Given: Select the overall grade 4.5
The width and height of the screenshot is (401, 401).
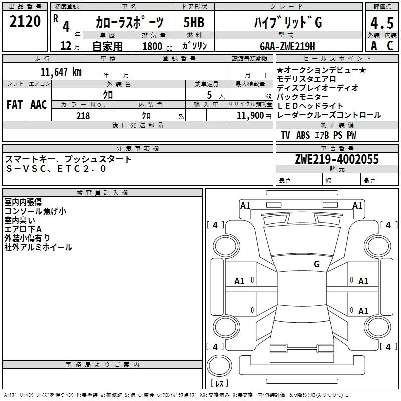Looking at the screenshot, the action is tap(381, 22).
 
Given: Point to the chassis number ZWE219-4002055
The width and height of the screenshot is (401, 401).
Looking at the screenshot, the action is tap(337, 160).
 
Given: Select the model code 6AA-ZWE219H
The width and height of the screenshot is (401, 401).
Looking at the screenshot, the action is tap(287, 46).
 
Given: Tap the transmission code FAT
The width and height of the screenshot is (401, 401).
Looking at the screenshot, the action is tap(15, 104).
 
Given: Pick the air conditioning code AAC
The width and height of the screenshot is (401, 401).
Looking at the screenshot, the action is tap(39, 104).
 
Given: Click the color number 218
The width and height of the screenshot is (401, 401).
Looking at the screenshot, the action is tap(83, 116).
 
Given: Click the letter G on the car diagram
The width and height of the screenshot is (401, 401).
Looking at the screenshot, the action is tap(316, 264).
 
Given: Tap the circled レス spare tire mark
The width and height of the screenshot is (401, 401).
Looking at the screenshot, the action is tap(219, 384).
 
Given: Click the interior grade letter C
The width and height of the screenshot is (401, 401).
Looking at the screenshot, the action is tap(389, 45).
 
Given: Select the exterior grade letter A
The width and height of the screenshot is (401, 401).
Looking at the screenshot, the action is tap(373, 45).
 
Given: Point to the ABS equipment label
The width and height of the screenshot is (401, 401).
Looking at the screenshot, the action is tap(303, 135).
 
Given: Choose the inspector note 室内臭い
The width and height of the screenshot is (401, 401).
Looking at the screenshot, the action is tap(20, 220).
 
